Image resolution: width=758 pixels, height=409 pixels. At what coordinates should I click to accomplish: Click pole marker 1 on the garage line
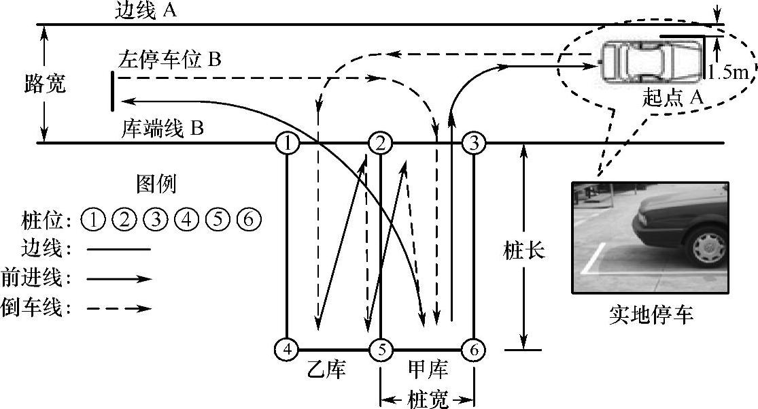[288, 144]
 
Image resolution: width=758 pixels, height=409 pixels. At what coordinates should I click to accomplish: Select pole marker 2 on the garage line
[380, 144]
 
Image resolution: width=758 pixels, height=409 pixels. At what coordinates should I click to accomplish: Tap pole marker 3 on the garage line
[474, 144]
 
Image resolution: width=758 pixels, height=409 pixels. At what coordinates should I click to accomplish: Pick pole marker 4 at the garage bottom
[288, 350]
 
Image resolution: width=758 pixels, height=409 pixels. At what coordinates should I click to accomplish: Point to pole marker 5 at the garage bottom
[381, 350]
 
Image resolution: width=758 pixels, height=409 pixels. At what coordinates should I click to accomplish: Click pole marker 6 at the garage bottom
[474, 350]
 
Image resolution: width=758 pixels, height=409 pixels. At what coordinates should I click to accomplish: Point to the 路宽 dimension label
[45, 85]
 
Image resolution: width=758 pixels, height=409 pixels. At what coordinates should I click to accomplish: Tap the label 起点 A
[672, 97]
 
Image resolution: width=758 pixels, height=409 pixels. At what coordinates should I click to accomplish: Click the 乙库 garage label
[328, 370]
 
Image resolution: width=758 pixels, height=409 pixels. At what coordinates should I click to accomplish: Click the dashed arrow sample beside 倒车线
[119, 308]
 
